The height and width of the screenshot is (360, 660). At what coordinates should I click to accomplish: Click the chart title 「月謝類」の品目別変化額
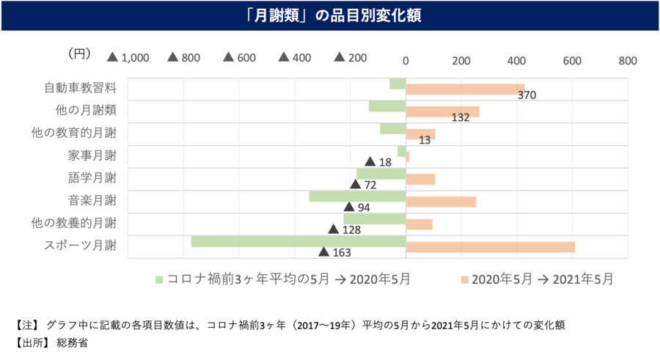tap(329, 15)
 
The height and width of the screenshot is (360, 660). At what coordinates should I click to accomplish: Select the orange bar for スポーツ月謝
tap(490, 247)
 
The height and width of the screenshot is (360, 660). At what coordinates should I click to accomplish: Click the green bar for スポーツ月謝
tap(298, 241)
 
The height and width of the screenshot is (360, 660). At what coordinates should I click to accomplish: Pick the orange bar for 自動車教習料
tap(465, 89)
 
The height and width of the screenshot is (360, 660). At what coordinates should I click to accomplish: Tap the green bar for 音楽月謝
tap(357, 196)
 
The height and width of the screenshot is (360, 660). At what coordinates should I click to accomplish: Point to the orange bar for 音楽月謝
tap(441, 202)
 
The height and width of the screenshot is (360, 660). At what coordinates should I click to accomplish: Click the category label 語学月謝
tap(92, 177)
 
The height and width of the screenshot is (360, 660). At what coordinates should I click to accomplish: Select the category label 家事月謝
tap(92, 155)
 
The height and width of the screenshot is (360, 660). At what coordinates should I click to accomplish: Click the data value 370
tap(527, 95)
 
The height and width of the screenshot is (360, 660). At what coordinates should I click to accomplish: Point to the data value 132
tap(461, 117)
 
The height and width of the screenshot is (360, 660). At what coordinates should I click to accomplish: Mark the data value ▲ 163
tap(335, 253)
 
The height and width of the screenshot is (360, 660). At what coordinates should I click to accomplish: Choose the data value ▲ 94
tap(356, 207)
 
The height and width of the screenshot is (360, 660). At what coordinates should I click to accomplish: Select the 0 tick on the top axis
tap(406, 60)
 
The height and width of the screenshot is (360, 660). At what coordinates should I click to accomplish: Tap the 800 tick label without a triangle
tap(627, 60)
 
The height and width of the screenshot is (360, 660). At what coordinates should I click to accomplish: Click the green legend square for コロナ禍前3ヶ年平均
tap(158, 279)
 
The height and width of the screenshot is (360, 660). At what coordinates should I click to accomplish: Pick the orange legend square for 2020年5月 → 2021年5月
tap(463, 279)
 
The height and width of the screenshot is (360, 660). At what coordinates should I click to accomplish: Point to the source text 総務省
tap(73, 342)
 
